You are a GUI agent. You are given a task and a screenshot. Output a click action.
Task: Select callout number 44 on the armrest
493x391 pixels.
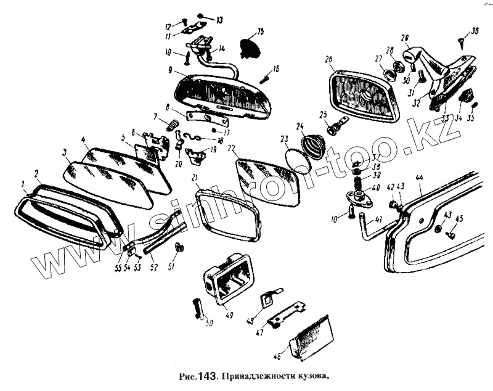coord(420,178)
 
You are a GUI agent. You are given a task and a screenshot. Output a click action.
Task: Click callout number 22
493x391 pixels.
coord(232,148)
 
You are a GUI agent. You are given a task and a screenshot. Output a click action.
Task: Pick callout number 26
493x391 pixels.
coord(328,60)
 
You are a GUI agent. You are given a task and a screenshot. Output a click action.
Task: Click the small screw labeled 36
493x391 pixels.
coord(463,43)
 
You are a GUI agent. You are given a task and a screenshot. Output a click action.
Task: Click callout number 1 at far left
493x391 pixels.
coord(23,183)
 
